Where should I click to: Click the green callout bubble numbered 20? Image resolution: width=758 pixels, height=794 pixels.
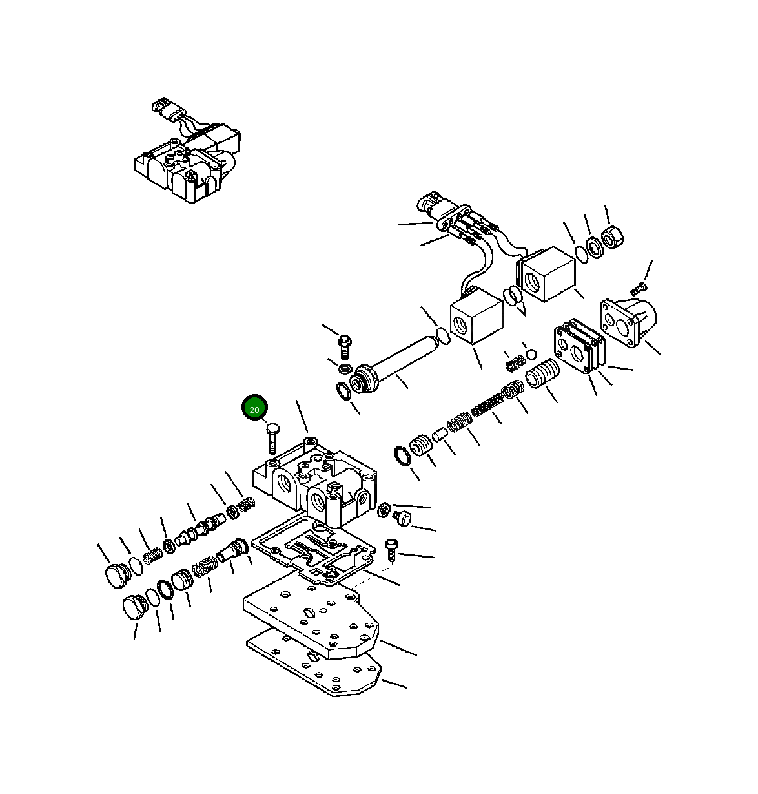tap(254, 408)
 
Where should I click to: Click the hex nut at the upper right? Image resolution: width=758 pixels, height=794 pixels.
tap(611, 238)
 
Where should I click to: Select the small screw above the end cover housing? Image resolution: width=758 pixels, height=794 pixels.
tap(639, 286)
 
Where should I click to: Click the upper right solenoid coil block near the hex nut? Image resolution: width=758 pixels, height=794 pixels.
tap(548, 275)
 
